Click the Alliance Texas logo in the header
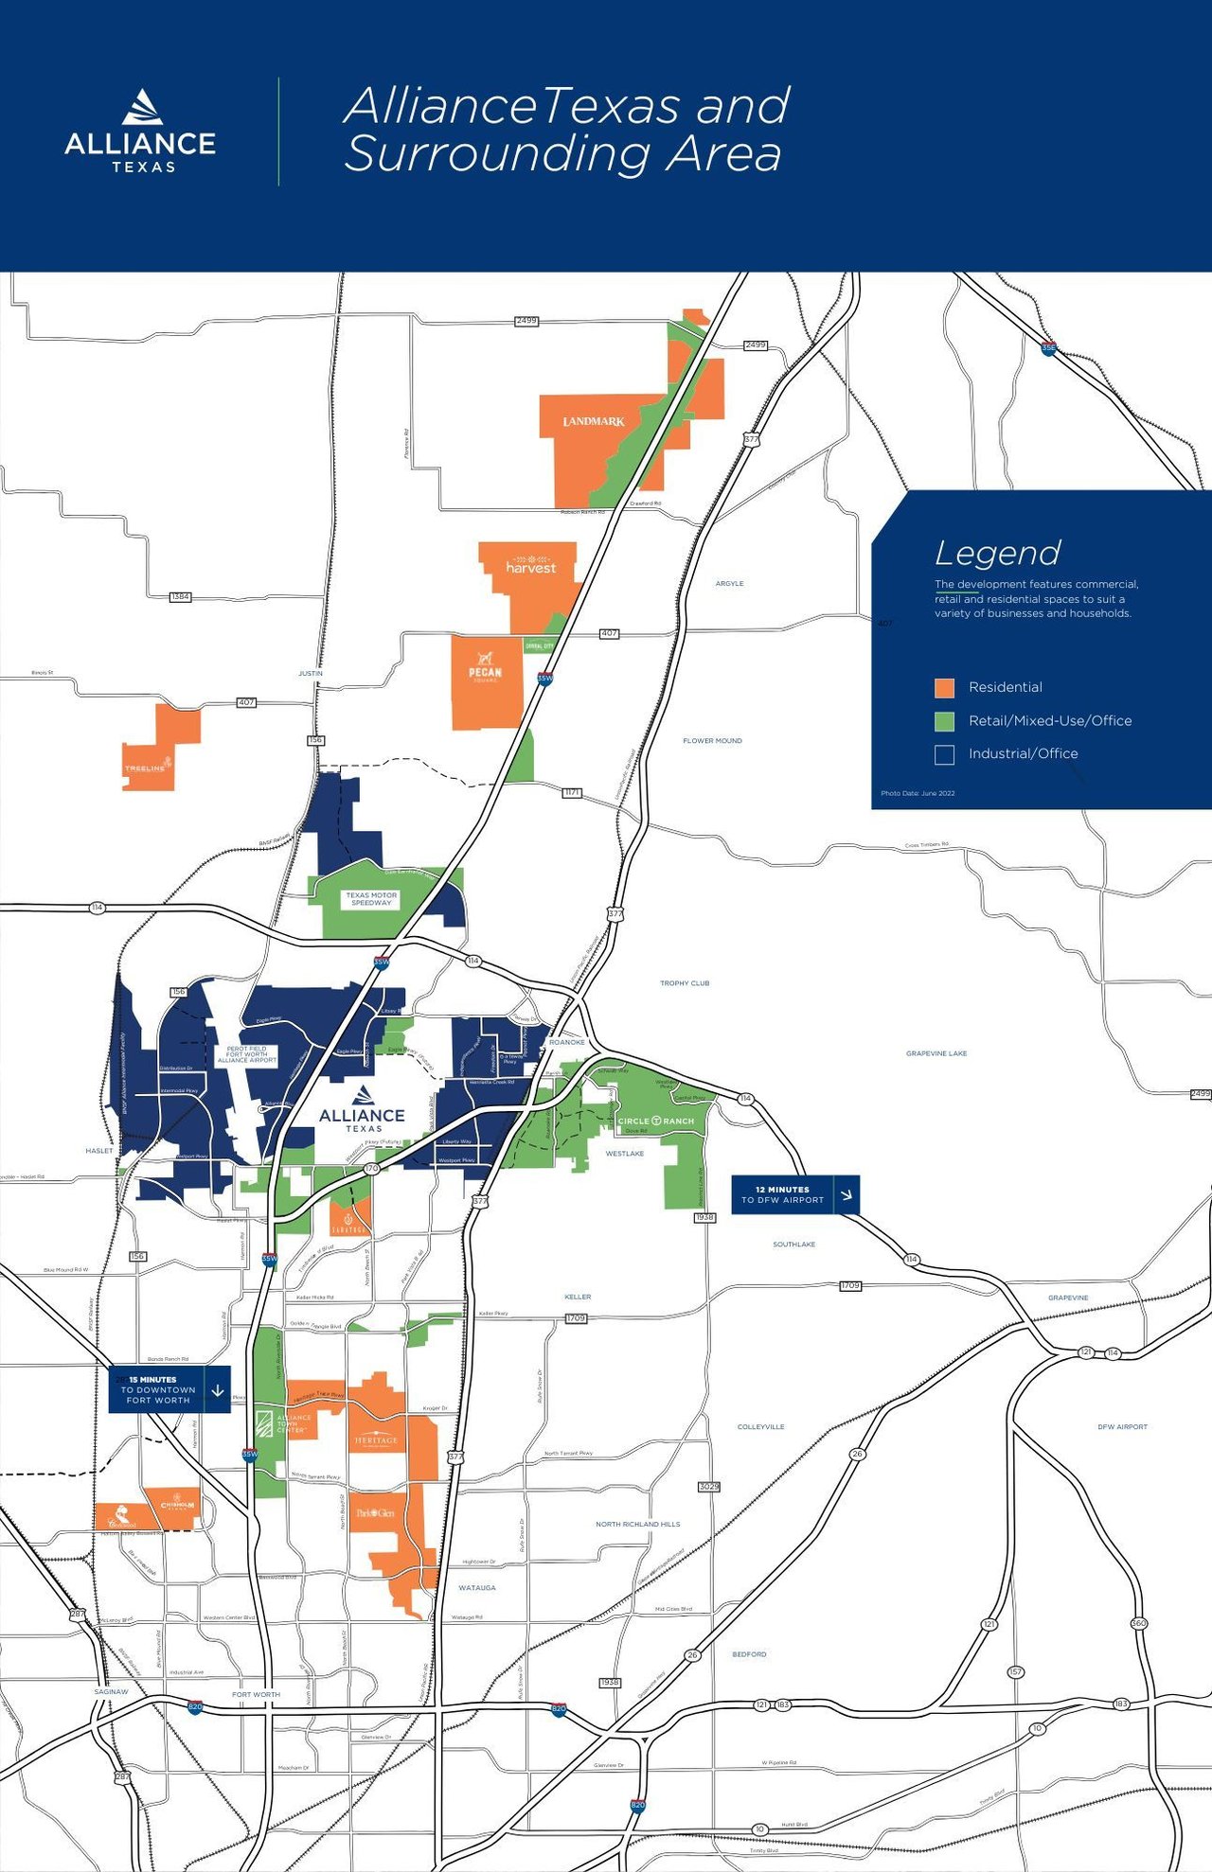tap(140, 132)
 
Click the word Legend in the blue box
tap(997, 553)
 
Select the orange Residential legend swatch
tap(944, 688)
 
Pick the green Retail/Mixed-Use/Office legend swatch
tap(944, 721)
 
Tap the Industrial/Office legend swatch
tap(944, 754)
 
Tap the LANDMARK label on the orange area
tap(594, 421)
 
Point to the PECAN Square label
tap(485, 669)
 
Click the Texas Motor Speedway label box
tap(371, 898)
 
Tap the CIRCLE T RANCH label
tap(656, 1121)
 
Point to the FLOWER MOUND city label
tap(712, 741)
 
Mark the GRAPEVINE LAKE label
tap(936, 1053)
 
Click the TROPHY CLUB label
tap(685, 983)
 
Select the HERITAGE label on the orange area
tap(376, 1441)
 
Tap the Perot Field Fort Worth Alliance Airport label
tap(246, 1054)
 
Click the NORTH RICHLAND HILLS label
tap(637, 1524)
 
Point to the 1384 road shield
tap(180, 597)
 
